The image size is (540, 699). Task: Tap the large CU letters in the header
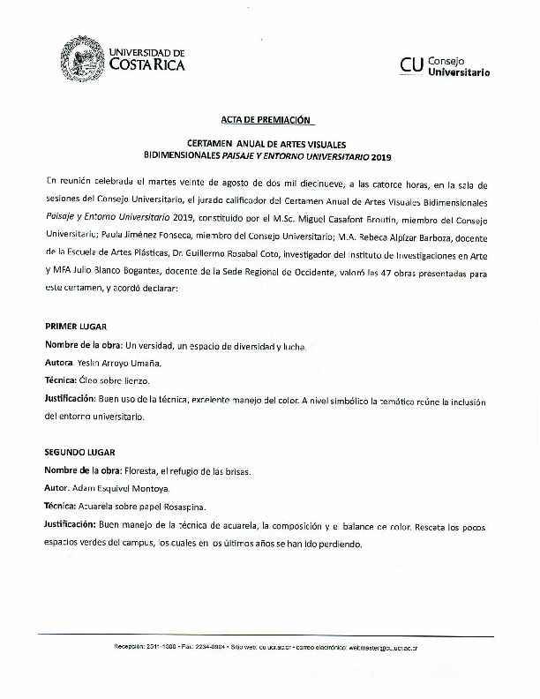(410, 64)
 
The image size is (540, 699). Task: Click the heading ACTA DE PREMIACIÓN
(266, 119)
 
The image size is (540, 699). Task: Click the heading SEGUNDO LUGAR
(80, 452)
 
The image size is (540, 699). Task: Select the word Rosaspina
(207, 507)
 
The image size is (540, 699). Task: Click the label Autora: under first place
(59, 363)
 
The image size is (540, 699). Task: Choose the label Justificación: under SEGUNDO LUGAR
(70, 525)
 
